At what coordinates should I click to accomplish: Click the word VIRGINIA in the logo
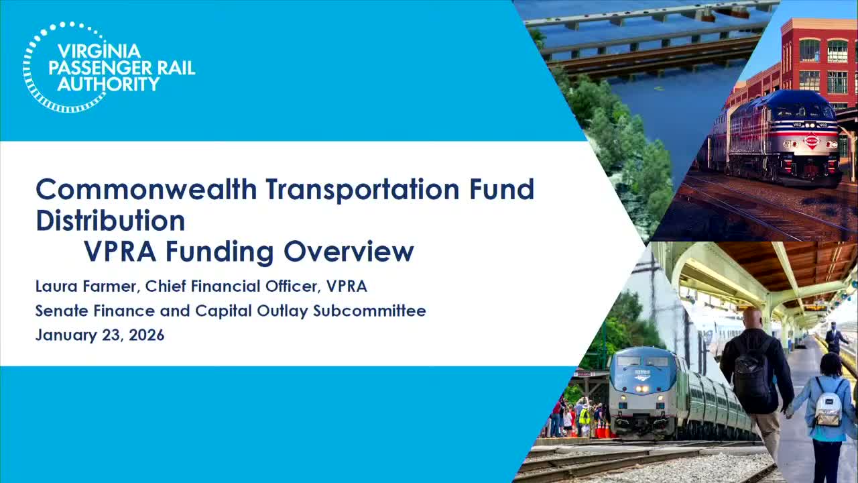(x=99, y=52)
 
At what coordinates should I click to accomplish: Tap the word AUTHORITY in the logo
(x=109, y=84)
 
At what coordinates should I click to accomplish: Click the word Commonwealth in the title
(x=146, y=190)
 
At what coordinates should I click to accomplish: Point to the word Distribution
(x=110, y=221)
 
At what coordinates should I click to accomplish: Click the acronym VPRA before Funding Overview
(x=121, y=252)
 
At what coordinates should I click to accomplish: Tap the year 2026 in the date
(x=146, y=335)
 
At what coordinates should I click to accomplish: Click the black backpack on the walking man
(x=752, y=376)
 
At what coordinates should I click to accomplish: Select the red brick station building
(x=818, y=60)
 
